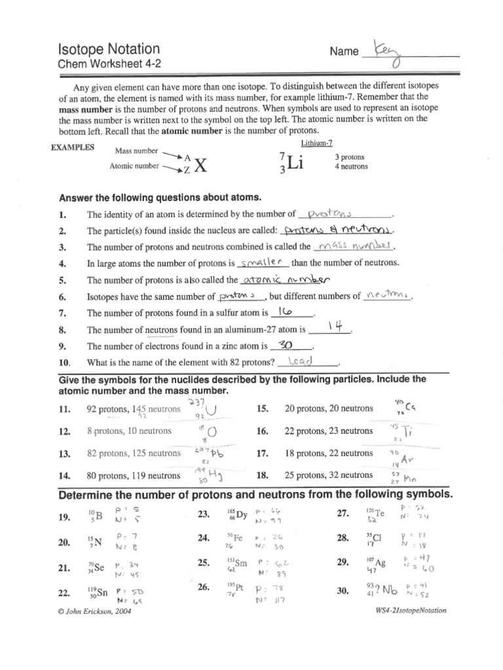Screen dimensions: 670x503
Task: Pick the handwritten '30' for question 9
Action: pyautogui.click(x=284, y=345)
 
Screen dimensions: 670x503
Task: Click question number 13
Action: pyautogui.click(x=64, y=453)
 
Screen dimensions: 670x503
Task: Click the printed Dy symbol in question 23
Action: pyautogui.click(x=242, y=515)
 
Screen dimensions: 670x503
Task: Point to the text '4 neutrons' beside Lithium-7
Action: pyautogui.click(x=351, y=167)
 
